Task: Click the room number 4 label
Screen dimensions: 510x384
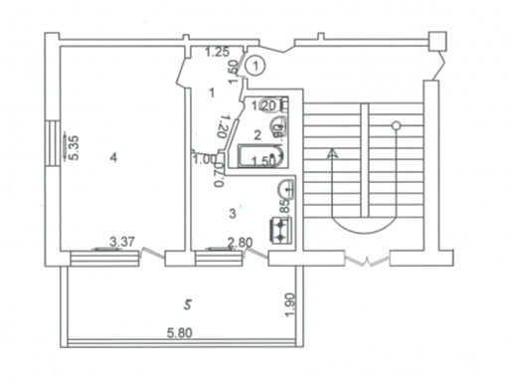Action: point(114,157)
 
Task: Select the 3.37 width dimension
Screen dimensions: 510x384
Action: point(121,241)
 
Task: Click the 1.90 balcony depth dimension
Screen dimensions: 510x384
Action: point(290,305)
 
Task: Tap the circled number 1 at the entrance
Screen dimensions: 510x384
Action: point(256,67)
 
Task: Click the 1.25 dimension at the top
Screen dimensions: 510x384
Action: point(217,52)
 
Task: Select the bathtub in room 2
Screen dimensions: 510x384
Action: point(260,157)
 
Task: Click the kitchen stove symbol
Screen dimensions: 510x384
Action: point(282,230)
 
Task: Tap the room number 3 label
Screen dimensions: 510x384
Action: point(233,212)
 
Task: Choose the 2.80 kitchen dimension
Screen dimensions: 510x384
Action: point(239,242)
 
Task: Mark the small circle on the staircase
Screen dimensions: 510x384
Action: point(396,125)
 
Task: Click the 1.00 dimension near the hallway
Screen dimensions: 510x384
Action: point(205,159)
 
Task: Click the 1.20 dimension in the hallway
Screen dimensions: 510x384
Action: point(225,127)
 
